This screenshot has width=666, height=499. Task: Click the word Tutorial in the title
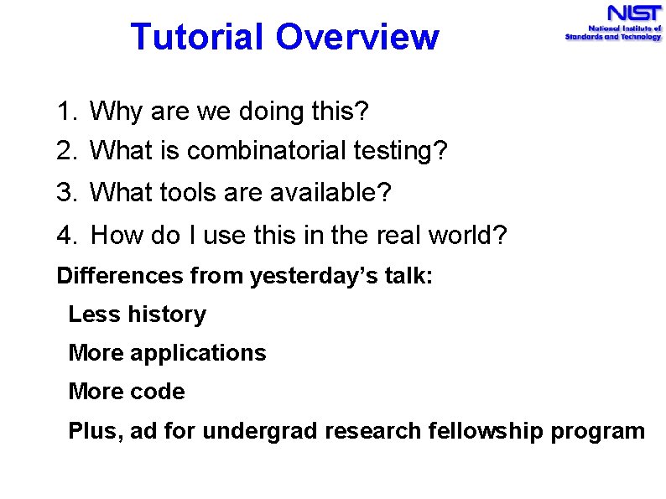click(196, 37)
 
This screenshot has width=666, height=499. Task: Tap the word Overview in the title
click(356, 37)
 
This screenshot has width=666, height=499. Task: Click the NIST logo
click(613, 23)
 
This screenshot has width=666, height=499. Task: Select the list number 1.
click(65, 111)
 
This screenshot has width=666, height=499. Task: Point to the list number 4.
click(65, 236)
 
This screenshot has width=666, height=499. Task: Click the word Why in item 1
click(112, 111)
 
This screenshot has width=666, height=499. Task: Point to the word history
click(167, 314)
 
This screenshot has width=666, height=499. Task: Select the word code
click(157, 392)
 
